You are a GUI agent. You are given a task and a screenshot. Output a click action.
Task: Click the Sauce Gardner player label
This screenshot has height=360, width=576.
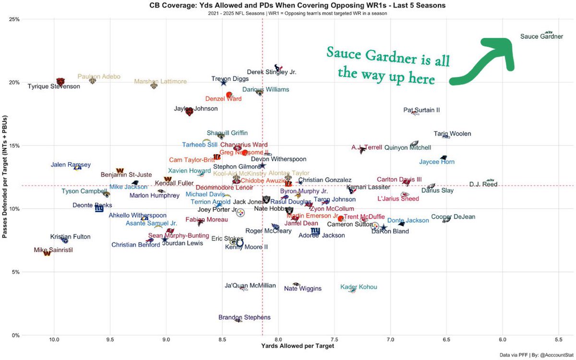(541, 36)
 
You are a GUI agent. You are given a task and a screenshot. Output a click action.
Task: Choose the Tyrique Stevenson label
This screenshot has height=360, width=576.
(54, 87)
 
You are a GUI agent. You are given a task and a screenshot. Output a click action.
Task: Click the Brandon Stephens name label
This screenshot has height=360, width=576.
(244, 317)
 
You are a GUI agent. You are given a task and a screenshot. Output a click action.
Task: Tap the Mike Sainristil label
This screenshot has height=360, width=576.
(53, 250)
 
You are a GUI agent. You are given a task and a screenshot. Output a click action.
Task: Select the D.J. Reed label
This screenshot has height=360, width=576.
(483, 184)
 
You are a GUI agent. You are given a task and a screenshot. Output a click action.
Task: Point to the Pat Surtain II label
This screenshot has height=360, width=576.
(421, 110)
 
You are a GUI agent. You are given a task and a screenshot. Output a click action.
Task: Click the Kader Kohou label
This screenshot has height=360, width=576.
(359, 287)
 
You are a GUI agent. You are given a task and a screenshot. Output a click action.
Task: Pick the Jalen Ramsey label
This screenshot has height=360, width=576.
(71, 165)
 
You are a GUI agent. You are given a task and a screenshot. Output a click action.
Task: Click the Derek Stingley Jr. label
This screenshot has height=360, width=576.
(272, 72)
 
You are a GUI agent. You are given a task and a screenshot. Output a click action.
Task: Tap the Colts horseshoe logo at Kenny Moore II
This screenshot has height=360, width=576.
(240, 243)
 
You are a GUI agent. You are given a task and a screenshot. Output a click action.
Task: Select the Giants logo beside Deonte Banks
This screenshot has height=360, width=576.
(99, 209)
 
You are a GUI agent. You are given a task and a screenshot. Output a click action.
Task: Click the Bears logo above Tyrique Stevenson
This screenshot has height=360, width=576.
(60, 82)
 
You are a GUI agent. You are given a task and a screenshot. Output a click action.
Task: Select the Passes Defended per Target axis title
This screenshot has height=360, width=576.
(5, 177)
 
